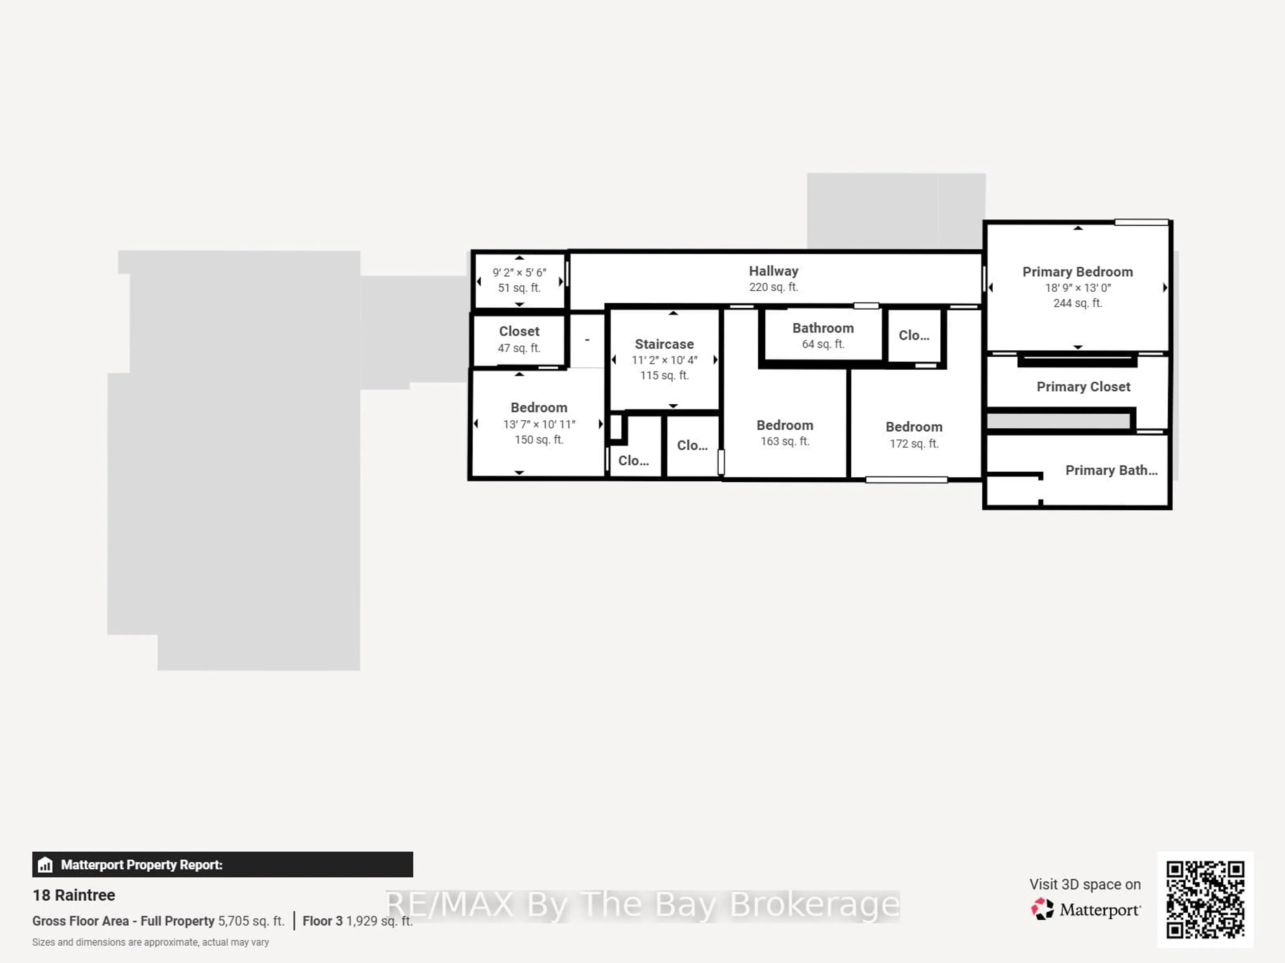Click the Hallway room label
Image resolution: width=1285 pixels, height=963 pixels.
773,271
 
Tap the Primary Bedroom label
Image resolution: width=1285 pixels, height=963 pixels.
1077,272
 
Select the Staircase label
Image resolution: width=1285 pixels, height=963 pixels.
664,345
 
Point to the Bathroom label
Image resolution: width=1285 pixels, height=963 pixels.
823,328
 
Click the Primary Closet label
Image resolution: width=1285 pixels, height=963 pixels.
1084,387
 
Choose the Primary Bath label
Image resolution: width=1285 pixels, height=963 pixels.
1111,471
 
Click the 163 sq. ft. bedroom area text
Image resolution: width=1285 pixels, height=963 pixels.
785,442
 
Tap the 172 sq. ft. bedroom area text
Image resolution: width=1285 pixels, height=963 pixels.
914,444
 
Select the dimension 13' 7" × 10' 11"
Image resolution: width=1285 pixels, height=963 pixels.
539,424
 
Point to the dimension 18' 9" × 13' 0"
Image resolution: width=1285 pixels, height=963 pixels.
1078,288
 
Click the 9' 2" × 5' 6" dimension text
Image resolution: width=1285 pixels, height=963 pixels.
519,272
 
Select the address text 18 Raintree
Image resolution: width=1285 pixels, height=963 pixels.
74,895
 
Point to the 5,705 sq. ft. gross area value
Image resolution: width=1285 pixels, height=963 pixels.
251,921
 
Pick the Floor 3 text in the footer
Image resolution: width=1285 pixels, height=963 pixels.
322,921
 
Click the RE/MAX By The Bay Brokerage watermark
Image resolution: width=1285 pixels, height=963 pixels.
642,905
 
